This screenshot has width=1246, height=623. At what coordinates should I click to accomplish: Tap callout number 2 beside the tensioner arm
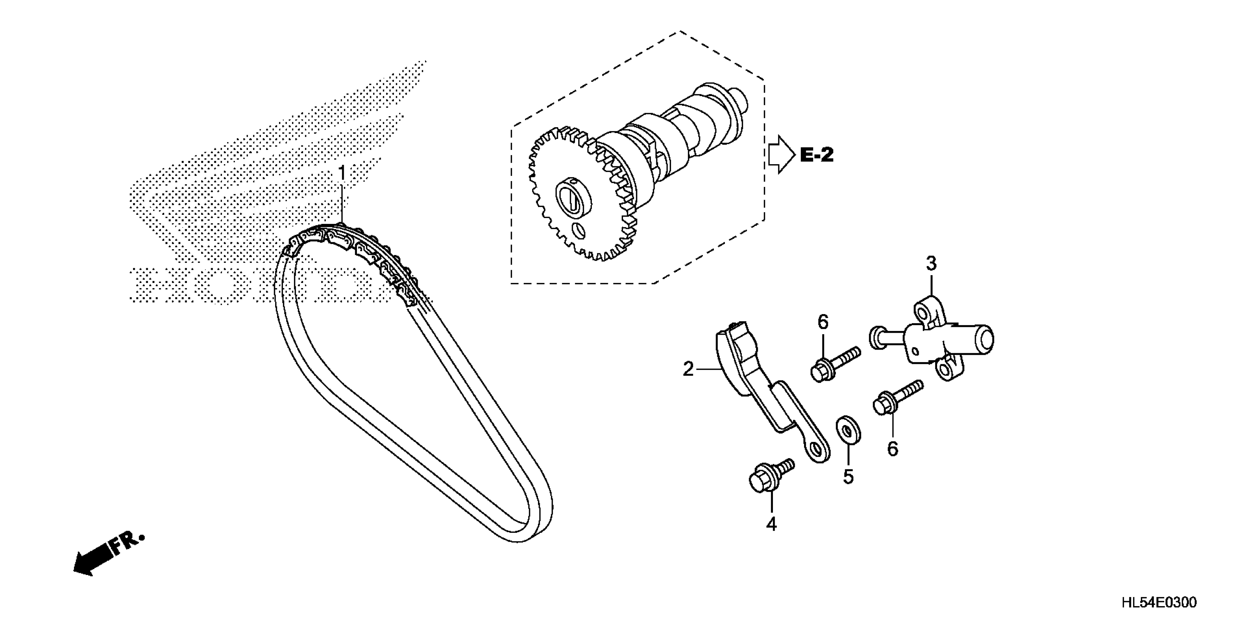(x=688, y=369)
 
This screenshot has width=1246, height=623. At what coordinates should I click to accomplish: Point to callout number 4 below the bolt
(x=771, y=524)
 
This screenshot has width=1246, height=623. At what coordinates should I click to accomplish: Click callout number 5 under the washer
(x=848, y=476)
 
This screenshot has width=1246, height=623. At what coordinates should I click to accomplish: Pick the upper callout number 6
(x=823, y=322)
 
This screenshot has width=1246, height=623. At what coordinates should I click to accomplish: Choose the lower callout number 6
(x=892, y=449)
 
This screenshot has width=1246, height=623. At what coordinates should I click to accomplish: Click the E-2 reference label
(x=817, y=155)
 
